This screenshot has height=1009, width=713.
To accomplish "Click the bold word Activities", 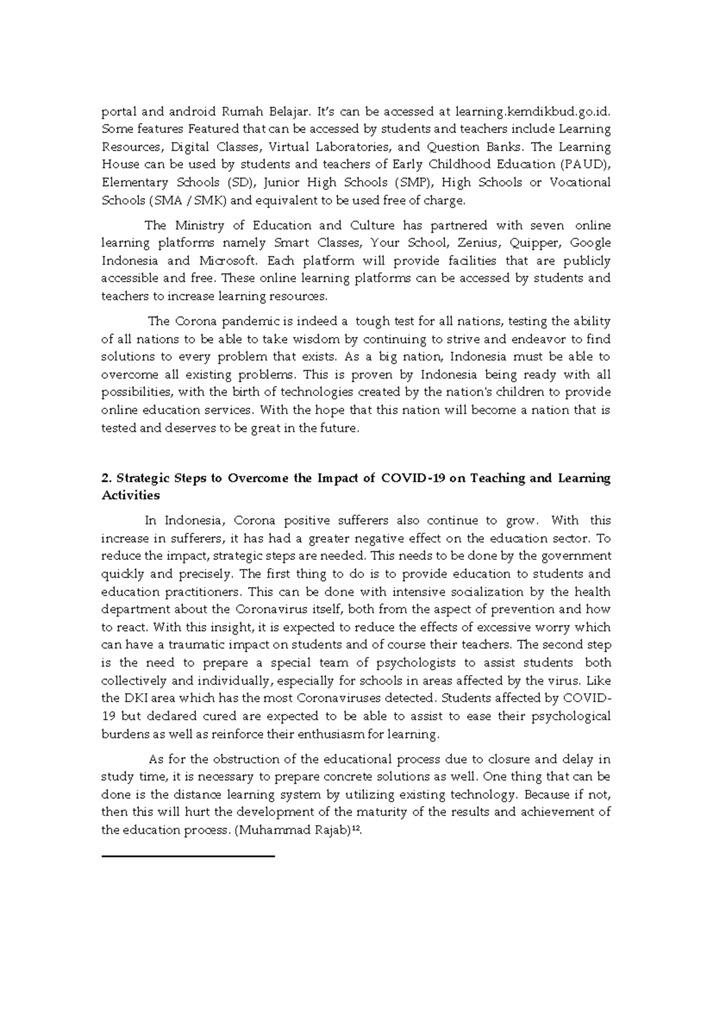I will [131, 496].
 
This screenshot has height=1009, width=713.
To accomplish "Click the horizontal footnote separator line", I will [188, 856].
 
